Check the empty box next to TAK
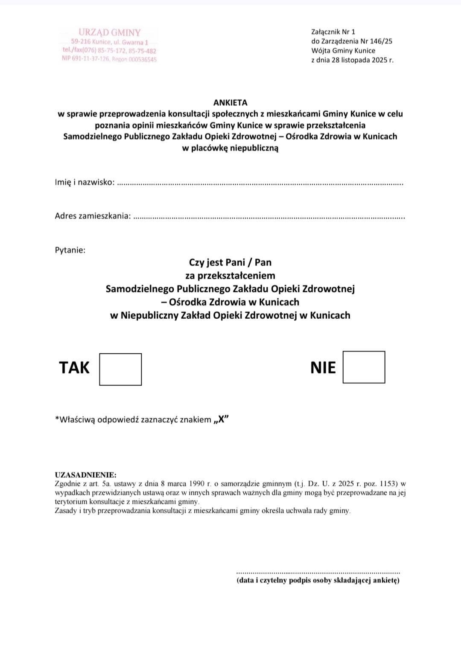pyautogui.click(x=120, y=369)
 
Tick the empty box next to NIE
pyautogui.click(x=364, y=367)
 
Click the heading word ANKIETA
pyautogui.click(x=230, y=102)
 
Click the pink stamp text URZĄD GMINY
pyautogui.click(x=110, y=32)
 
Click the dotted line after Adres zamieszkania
pyautogui.click(x=269, y=217)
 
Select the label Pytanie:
pyautogui.click(x=70, y=250)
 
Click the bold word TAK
pyautogui.click(x=74, y=368)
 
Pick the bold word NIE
pyautogui.click(x=323, y=368)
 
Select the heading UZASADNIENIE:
pyautogui.click(x=85, y=475)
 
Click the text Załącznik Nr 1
pyautogui.click(x=333, y=32)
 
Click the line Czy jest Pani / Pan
pyautogui.click(x=230, y=262)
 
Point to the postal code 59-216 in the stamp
pyautogui.click(x=81, y=42)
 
